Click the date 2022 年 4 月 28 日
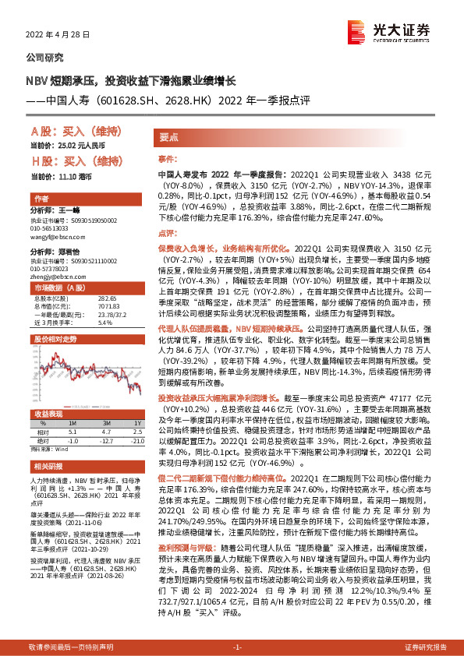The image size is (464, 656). [x=58, y=36]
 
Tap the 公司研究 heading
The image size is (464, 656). [x=45, y=58]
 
